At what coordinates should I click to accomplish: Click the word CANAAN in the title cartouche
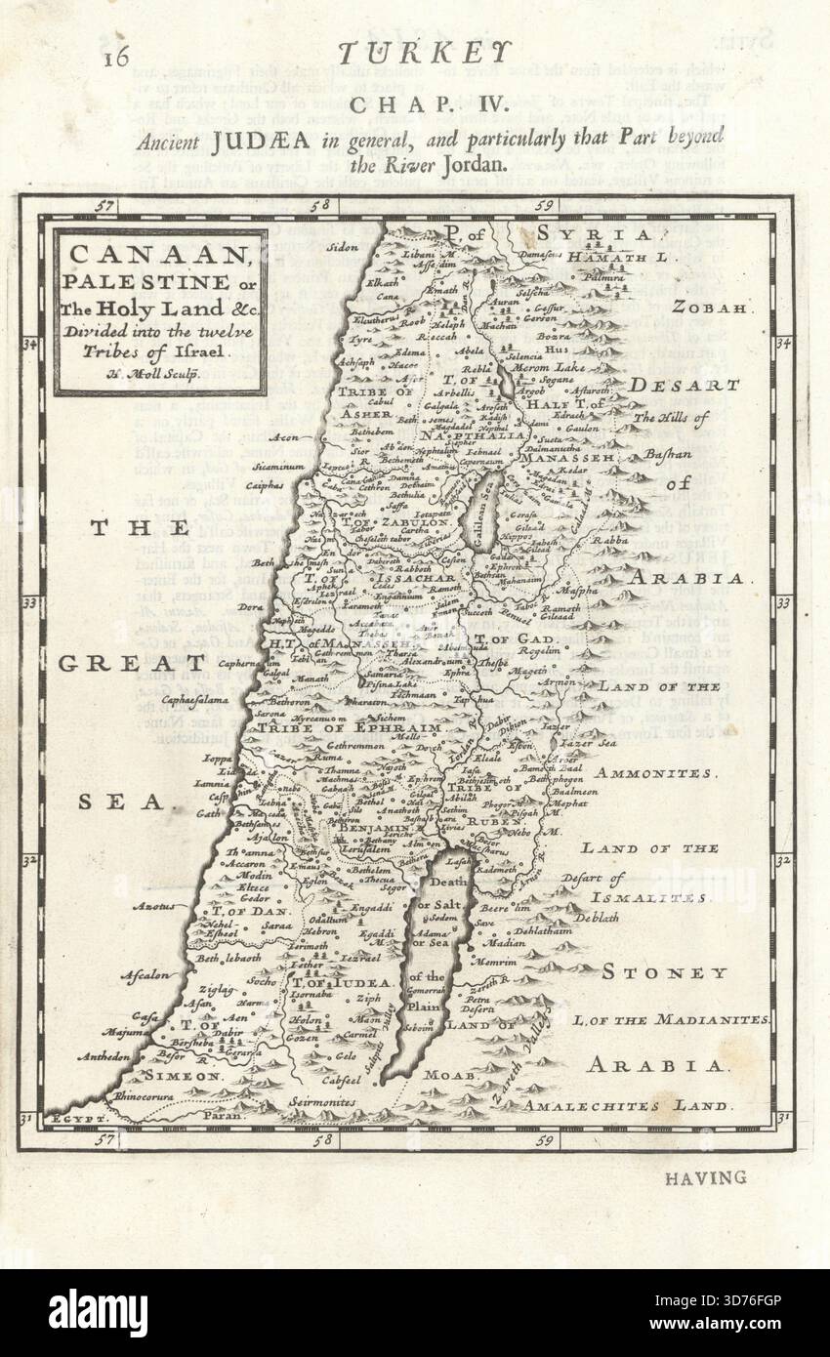[159, 256]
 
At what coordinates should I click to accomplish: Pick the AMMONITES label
[655, 772]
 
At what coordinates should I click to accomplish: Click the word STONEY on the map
[665, 972]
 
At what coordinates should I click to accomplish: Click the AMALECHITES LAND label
[626, 1106]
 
